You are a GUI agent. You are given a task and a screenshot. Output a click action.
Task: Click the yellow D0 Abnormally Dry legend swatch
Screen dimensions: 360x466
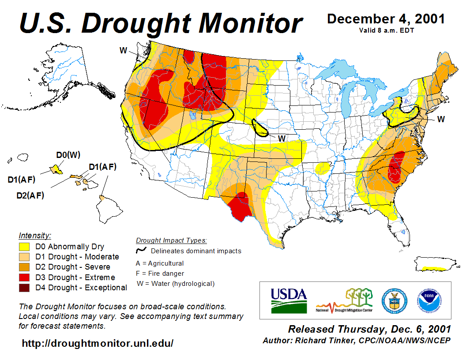coord(24,247)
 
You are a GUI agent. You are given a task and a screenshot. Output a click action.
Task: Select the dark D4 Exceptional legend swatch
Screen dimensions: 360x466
coord(24,288)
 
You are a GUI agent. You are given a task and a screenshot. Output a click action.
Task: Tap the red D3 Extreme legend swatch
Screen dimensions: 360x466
coord(24,277)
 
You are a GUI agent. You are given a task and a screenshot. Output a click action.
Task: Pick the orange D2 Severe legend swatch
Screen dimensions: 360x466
coord(24,267)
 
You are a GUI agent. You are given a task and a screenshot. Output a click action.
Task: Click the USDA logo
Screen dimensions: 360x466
coord(288,300)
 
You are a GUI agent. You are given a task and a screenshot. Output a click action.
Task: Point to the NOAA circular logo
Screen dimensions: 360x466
coord(427,300)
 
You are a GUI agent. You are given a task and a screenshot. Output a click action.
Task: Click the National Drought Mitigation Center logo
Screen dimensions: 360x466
coord(345,300)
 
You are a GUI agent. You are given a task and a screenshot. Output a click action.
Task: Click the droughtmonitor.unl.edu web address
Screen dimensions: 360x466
coord(98,343)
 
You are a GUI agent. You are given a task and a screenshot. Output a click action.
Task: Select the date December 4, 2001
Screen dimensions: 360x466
coord(386,19)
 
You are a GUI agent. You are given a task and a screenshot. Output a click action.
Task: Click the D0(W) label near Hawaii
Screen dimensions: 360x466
coord(68,155)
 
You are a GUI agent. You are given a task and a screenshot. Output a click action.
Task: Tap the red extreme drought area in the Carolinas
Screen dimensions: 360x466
coord(396,168)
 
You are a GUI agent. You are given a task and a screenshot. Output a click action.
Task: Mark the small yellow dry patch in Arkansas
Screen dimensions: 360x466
coord(323,168)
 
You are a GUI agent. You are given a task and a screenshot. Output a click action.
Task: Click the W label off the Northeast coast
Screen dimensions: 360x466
coord(441,119)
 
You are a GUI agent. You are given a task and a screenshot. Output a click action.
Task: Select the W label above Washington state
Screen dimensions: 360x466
coord(124,50)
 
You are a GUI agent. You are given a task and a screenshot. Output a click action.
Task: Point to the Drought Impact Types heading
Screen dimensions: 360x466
coord(171,240)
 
